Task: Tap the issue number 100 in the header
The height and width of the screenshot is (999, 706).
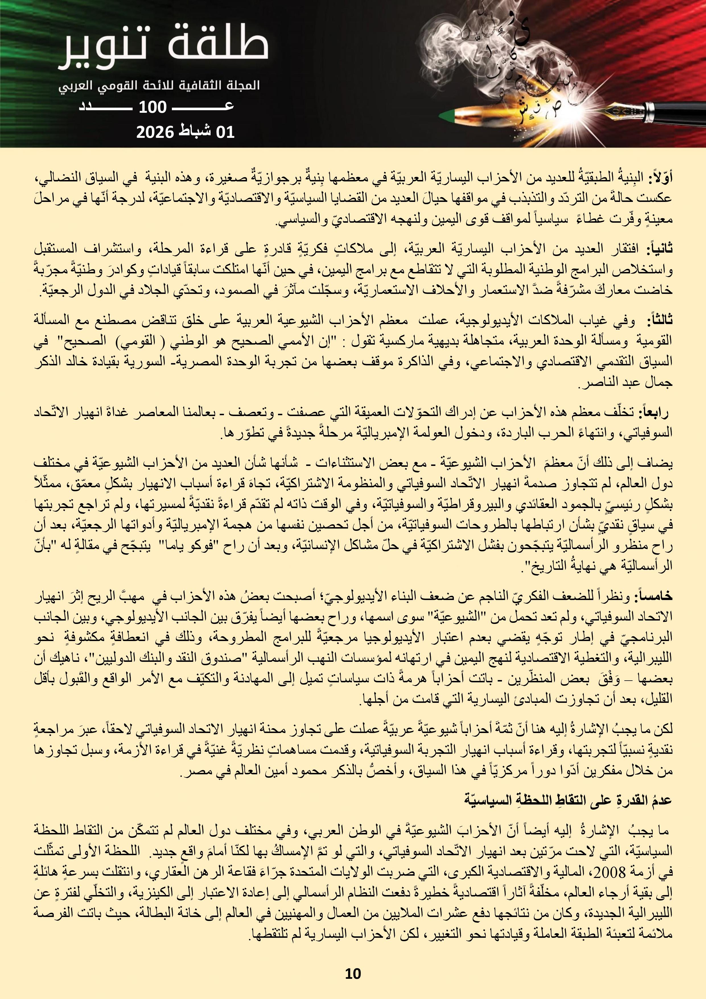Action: [152, 107]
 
